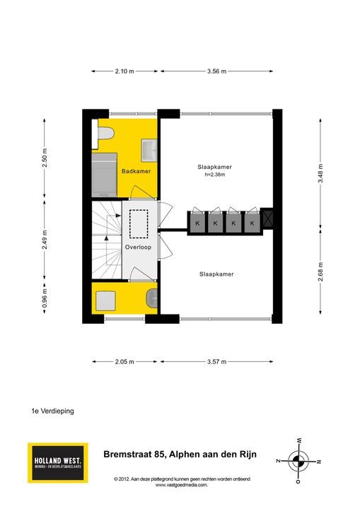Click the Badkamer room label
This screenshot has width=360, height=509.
(136, 171)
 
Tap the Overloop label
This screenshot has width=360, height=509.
(138, 247)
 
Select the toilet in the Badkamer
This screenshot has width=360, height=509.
(104, 134)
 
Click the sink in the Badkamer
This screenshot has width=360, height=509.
(149, 151)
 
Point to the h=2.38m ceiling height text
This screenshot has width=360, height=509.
(215, 175)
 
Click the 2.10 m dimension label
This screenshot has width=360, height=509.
(124, 71)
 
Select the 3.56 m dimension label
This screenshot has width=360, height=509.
(216, 71)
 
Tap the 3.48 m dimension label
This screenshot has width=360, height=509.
(320, 173)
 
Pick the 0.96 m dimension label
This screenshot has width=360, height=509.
(45, 298)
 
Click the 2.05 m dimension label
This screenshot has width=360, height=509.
(124, 361)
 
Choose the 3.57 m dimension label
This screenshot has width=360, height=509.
(216, 361)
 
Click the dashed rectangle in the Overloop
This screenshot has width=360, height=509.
(139, 224)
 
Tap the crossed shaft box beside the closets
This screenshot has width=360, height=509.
(268, 218)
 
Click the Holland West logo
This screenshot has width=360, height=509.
(58, 462)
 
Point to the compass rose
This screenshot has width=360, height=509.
(298, 461)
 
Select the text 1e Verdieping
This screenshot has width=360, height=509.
(52, 411)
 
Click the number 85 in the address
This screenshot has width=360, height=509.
(160, 454)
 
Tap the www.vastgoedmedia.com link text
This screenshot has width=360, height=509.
(181, 485)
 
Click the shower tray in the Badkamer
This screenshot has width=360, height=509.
(104, 175)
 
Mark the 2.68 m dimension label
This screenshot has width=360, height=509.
(320, 272)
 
